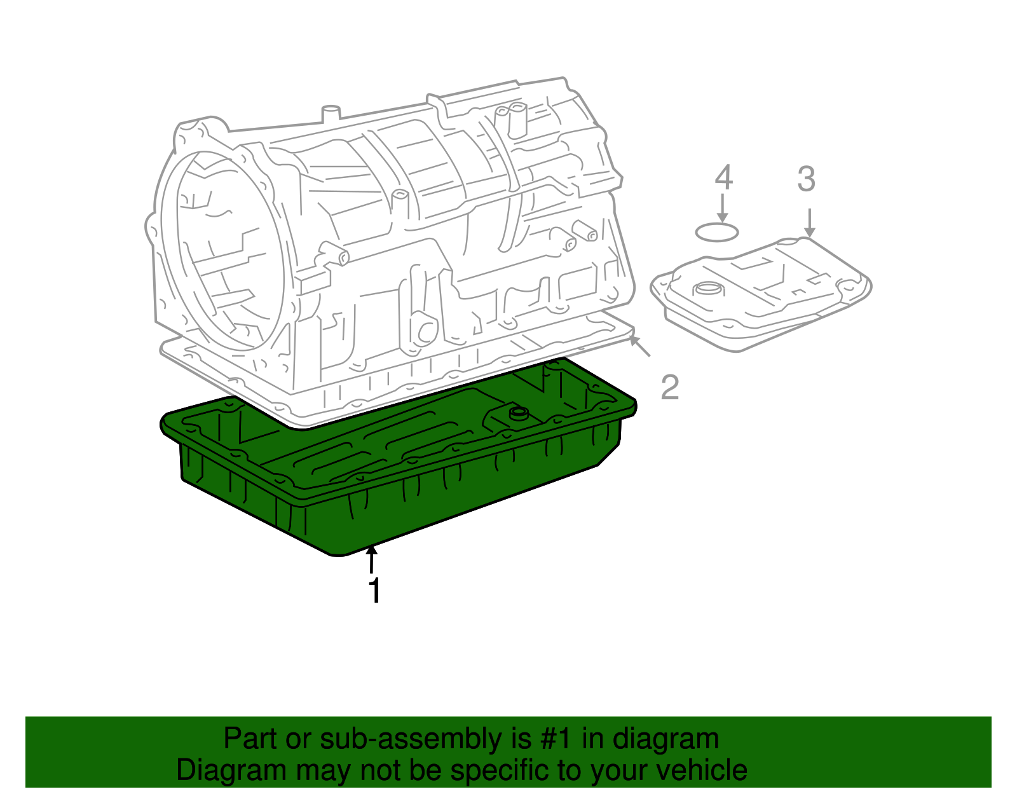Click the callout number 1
pos(375,591)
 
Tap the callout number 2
pos(670,387)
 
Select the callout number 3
pos(806,179)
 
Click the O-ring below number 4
pos(717,232)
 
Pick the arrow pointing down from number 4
pos(722,209)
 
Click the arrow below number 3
pos(809,222)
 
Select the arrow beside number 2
pos(640,346)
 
